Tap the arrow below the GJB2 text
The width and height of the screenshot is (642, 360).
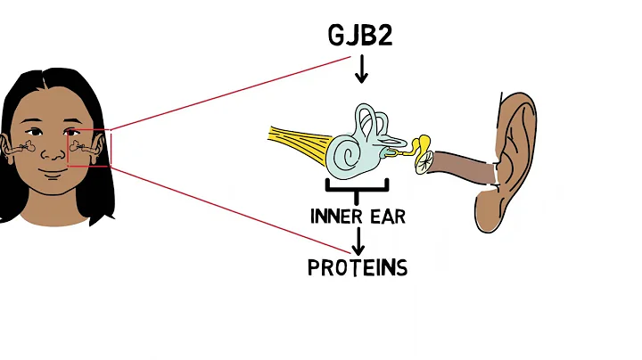(x=360, y=70)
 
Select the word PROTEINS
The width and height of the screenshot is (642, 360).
(x=358, y=267)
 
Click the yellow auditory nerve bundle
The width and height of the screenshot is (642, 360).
(x=299, y=142)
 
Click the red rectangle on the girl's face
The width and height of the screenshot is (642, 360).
(x=90, y=147)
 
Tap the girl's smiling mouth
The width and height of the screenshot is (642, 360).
(x=55, y=181)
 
